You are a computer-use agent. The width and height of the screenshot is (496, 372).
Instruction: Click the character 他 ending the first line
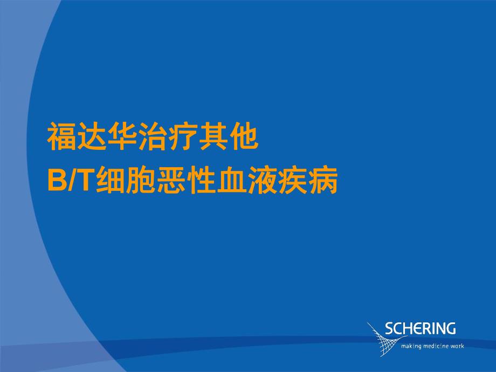pyautogui.click(x=244, y=138)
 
